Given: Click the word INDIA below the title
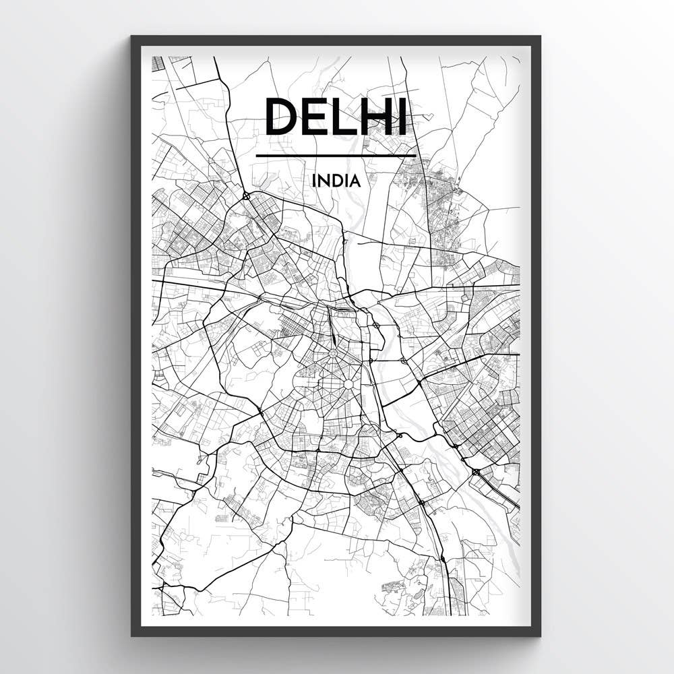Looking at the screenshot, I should [x=336, y=181].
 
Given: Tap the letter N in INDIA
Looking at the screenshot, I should [x=324, y=181].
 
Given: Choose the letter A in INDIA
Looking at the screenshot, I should [x=355, y=181].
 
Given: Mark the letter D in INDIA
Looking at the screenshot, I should [x=336, y=181].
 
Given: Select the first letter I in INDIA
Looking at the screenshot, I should [x=313, y=181].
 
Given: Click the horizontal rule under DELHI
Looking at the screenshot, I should [x=336, y=156].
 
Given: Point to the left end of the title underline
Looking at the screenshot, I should [x=257, y=156].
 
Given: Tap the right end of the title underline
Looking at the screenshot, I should [x=415, y=156].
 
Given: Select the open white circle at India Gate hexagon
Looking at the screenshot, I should [x=348, y=384].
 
